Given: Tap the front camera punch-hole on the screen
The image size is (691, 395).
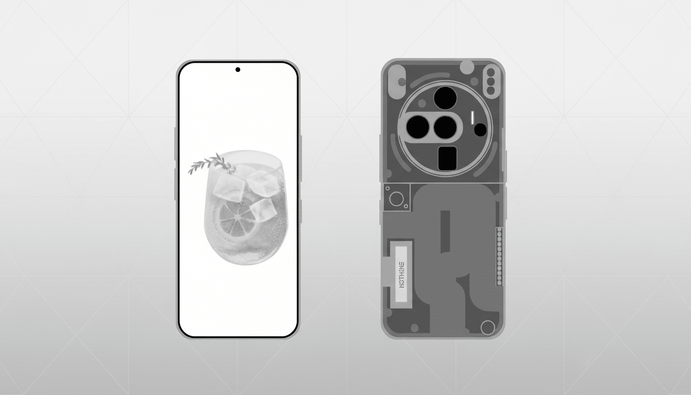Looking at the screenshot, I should point(238,69).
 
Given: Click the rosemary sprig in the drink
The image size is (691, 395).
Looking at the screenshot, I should point(206,164).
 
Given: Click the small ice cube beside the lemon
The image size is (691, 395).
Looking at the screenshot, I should point(263,209).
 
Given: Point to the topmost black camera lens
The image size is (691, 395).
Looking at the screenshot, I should point(445,97).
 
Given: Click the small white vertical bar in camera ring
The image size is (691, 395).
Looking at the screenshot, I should point(472,118).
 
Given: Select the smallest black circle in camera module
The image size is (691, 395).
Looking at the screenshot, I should point(480,130).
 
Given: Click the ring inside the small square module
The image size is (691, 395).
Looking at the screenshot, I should point(396,198).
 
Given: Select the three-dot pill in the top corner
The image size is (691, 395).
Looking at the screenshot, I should point(491,81).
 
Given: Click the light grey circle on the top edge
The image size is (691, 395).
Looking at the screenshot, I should point(467,66).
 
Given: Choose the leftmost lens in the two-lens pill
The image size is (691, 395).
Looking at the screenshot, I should point(417,127).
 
